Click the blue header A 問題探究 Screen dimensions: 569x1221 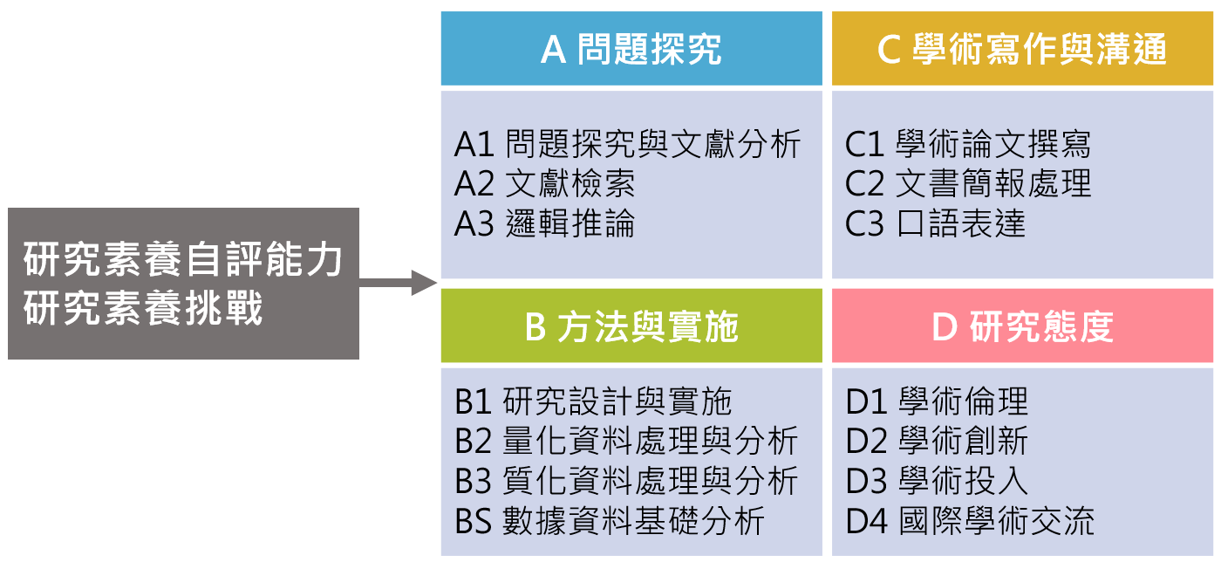pyautogui.click(x=631, y=49)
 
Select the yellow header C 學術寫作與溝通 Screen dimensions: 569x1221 pyautogui.click(x=1021, y=49)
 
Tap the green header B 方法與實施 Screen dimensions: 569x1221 pyautogui.click(x=631, y=327)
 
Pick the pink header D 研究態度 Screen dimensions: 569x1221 pyautogui.click(x=1021, y=327)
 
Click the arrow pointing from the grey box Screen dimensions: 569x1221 pyautogui.click(x=398, y=283)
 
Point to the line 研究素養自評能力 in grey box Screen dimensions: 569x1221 pyautogui.click(x=183, y=260)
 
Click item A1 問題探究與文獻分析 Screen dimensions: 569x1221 pyautogui.click(x=627, y=144)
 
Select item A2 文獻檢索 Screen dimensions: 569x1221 pyautogui.click(x=544, y=183)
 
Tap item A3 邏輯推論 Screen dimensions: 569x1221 pyautogui.click(x=544, y=223)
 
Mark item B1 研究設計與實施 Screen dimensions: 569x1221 pyautogui.click(x=593, y=401)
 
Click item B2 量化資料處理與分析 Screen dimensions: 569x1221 pyautogui.click(x=626, y=441)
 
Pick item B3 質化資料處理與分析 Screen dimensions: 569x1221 pyautogui.click(x=626, y=481)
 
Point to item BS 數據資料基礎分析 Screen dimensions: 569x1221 pyautogui.click(x=610, y=521)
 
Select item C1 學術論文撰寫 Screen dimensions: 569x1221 pyautogui.click(x=968, y=144)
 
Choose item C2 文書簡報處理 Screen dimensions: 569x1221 pyautogui.click(x=968, y=183)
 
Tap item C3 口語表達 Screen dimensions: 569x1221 pyautogui.click(x=935, y=223)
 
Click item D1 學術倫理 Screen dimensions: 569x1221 pyautogui.click(x=937, y=401)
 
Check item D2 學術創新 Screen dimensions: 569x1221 pyautogui.click(x=937, y=441)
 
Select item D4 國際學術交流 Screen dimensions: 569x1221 pyautogui.click(x=970, y=521)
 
